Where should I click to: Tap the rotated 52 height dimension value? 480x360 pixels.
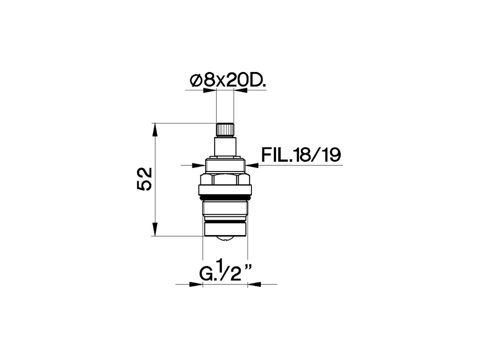click(144, 179)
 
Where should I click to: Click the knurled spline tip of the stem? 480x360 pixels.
click(225, 129)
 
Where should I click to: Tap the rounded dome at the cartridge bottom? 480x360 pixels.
click(225, 239)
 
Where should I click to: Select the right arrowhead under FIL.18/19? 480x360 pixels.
click(252, 165)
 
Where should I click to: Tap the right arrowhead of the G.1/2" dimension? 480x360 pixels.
click(254, 284)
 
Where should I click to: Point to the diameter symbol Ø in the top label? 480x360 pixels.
click(195, 80)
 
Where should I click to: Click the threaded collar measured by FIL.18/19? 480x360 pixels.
click(225, 165)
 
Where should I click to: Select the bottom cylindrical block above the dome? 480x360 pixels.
click(225, 229)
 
